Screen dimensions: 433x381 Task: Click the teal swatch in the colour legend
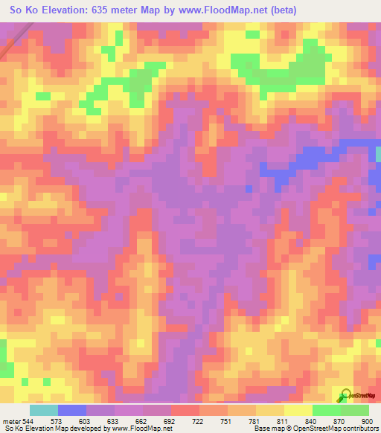coord(44,410)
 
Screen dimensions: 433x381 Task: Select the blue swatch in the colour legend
coord(72,410)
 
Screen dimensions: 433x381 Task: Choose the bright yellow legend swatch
coord(298,410)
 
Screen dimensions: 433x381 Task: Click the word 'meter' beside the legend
coord(11,420)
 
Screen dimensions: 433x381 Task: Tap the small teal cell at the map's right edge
coord(378,154)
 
